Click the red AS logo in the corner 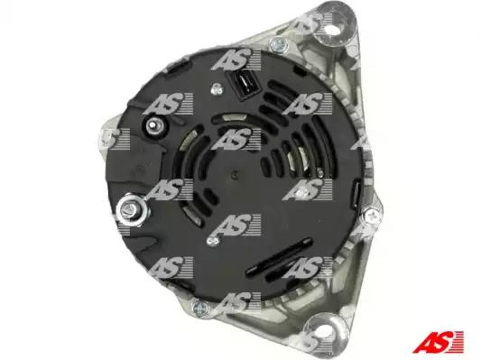coord(438,342)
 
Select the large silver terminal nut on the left coord(133,209)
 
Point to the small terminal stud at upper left coord(153,125)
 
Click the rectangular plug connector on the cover coord(244,85)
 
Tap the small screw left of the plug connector coord(217,89)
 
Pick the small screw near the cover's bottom coord(213,240)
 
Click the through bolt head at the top coord(279,44)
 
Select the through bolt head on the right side coord(372,215)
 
